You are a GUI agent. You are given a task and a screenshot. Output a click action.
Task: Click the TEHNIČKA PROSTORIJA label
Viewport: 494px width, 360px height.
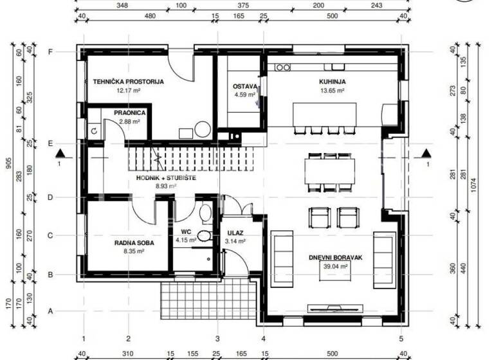[128, 82]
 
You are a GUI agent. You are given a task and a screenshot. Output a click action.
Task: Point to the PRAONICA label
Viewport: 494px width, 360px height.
[129, 113]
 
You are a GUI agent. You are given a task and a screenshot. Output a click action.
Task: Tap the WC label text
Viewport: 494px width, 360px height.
[185, 232]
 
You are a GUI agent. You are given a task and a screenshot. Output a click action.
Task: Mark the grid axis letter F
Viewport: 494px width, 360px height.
[50, 51]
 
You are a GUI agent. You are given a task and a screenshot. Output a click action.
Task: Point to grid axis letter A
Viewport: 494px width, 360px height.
[50, 311]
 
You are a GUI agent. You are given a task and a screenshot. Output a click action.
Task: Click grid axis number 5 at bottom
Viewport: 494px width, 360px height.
[401, 338]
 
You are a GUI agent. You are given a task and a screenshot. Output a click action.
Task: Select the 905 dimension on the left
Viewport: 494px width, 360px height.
[8, 164]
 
